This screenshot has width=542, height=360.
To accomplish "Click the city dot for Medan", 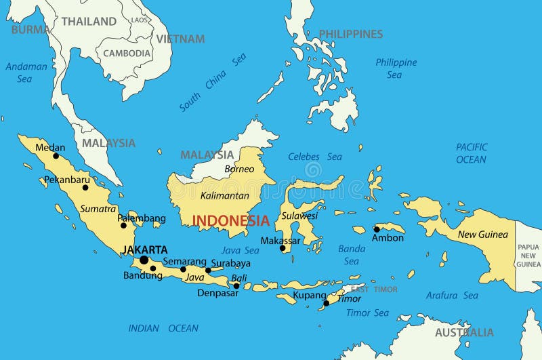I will click(x=56, y=156).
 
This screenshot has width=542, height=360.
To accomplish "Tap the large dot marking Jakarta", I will click(x=144, y=260).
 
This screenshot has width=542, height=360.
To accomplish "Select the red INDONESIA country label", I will click(x=231, y=220).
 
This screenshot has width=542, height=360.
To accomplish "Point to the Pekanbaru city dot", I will click(x=85, y=188).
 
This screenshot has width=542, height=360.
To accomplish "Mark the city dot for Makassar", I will click(x=283, y=248).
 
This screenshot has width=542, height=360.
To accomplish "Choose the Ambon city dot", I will click(x=377, y=229).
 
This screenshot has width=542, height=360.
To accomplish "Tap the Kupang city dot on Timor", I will click(x=326, y=303).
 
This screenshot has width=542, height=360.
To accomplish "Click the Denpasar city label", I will click(x=217, y=293).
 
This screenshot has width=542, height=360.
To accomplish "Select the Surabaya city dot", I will click(x=208, y=271).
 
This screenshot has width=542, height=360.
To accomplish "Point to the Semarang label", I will click(x=184, y=261).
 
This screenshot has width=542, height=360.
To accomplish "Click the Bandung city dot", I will click(x=153, y=268).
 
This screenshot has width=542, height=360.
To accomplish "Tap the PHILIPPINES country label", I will click(x=350, y=34).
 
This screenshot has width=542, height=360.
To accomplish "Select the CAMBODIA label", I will click(x=127, y=53).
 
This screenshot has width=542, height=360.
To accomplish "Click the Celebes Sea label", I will click(x=315, y=157).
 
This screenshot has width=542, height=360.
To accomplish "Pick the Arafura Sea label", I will click(x=452, y=295).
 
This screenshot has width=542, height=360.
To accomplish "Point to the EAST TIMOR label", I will click(x=374, y=289).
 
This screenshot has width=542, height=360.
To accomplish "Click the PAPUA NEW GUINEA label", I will click(x=528, y=256).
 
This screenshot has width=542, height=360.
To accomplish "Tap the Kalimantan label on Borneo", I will click(x=224, y=195).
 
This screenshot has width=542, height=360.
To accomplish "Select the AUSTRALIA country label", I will click(x=464, y=332).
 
